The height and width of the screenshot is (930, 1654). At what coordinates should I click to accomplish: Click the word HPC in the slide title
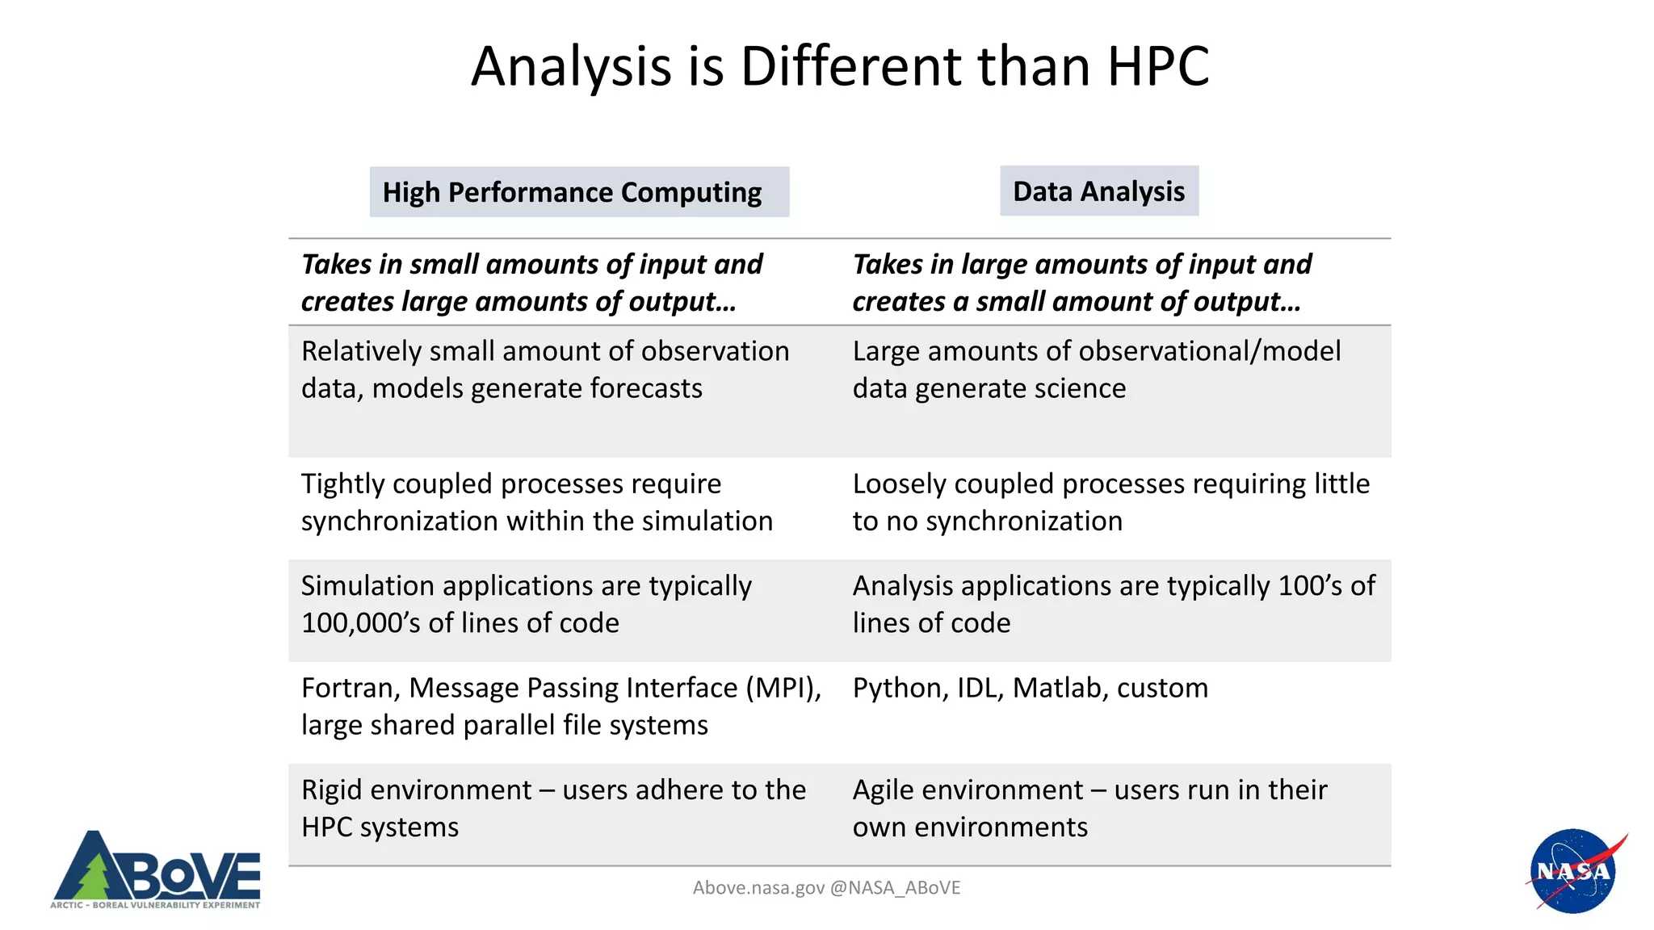click(1158, 66)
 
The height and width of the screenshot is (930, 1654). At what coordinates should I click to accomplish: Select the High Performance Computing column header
click(579, 192)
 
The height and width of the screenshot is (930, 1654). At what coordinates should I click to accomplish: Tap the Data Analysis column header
click(1098, 191)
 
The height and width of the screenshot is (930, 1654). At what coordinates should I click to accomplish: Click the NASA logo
click(1573, 871)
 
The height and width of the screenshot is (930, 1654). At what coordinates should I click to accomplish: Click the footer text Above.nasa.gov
click(758, 888)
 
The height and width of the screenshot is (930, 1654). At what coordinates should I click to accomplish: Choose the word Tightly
click(342, 484)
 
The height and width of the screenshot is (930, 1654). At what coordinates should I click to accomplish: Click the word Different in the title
click(851, 66)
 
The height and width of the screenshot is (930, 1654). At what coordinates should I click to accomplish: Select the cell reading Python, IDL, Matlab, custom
click(1030, 689)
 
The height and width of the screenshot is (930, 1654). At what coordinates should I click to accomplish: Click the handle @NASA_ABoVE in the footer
click(895, 888)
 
